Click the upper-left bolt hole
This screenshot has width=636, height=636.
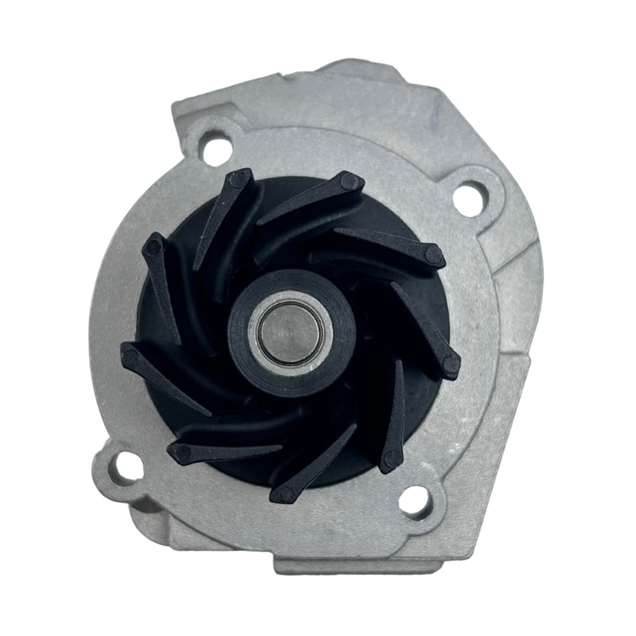click(216, 145)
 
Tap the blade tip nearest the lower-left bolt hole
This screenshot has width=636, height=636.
click(177, 450)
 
